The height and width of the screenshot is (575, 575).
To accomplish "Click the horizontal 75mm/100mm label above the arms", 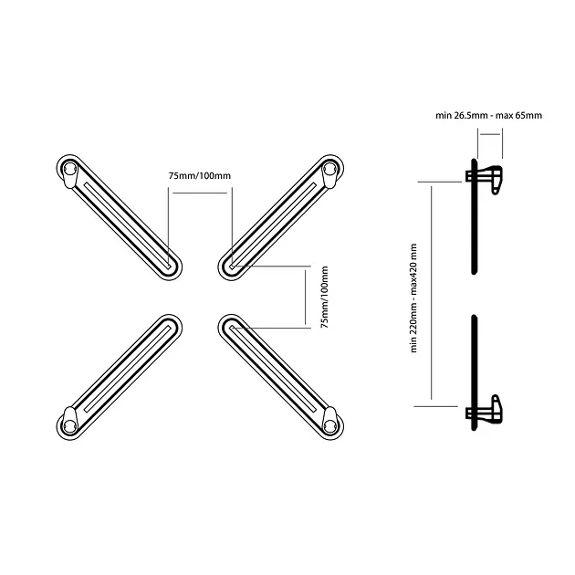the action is (x=200, y=175).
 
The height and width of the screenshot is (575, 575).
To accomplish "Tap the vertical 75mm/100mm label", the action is (x=325, y=297).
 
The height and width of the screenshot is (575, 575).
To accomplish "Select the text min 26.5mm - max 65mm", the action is (x=489, y=116).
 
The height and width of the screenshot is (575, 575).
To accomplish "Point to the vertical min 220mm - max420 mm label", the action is (x=413, y=298).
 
